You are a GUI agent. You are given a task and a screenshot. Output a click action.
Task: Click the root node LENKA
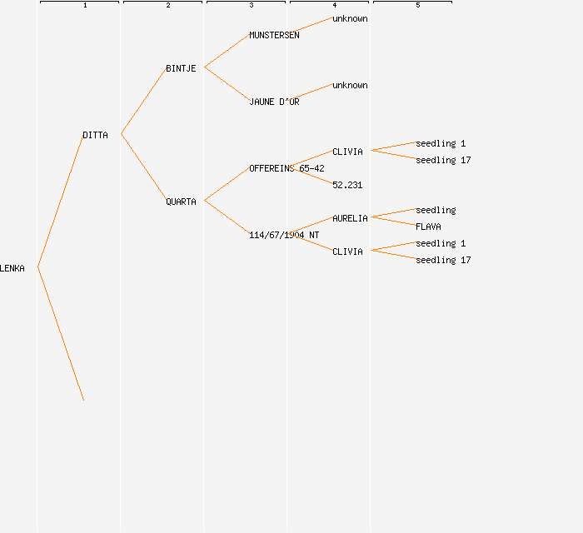click(x=12, y=268)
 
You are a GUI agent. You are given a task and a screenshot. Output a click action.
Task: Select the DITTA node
click(x=95, y=135)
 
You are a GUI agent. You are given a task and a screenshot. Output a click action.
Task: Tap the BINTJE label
click(x=181, y=68)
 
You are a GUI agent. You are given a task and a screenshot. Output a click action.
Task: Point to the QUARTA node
click(x=181, y=202)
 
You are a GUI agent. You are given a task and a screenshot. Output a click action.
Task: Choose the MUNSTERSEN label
click(x=274, y=35)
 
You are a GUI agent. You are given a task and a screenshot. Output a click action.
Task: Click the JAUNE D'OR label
click(x=274, y=102)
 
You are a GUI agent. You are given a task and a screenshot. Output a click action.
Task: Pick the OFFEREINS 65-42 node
click(x=287, y=168)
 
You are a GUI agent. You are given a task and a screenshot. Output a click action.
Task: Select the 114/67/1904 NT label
click(x=283, y=235)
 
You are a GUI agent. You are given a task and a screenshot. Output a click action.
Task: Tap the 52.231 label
click(x=347, y=185)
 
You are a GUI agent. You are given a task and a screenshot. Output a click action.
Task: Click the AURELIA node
click(x=350, y=218)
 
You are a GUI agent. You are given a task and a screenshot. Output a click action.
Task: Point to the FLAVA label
click(x=428, y=227)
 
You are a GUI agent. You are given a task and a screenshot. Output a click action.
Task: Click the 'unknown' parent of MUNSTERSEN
click(x=350, y=18)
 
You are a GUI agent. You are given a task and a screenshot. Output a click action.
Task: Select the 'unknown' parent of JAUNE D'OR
click(x=350, y=85)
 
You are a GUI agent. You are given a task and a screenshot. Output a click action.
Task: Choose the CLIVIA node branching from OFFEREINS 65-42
click(x=347, y=152)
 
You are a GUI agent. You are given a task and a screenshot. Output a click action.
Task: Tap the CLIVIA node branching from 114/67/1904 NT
click(x=347, y=252)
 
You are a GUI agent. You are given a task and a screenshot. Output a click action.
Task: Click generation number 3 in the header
click(x=251, y=6)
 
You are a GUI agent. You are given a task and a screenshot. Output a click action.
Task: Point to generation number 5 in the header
click(x=417, y=6)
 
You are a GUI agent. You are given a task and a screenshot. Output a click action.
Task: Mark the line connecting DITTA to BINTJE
click(x=143, y=102)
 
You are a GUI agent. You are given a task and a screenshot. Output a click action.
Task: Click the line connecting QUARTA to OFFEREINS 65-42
click(x=227, y=185)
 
